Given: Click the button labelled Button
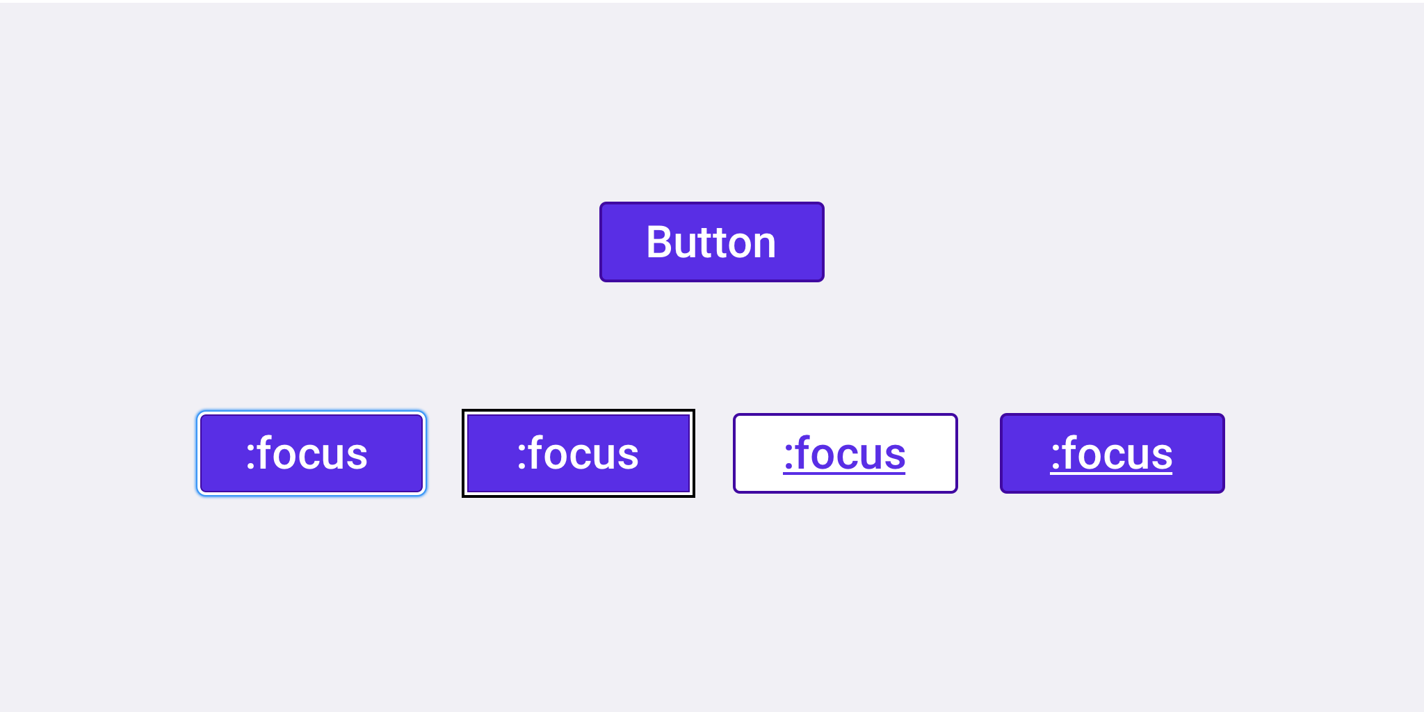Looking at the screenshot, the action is pos(712,242).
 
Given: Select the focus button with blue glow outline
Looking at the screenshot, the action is pos(311,453).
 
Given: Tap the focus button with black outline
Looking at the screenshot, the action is pos(578,453).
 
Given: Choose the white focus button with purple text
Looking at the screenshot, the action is pos(845,453).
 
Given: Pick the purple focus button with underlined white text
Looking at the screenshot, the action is pos(1112,453).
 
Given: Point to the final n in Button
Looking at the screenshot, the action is pos(763,246).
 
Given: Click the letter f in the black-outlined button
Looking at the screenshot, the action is pos(537,452).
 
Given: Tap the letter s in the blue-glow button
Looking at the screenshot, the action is pos(357,458).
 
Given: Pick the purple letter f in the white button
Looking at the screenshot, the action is pos(804,452).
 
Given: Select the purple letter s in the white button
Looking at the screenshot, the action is pos(895,458).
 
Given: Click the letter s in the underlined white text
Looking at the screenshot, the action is pos(1162,458).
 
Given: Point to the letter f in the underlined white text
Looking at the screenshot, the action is pos(1071,452).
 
